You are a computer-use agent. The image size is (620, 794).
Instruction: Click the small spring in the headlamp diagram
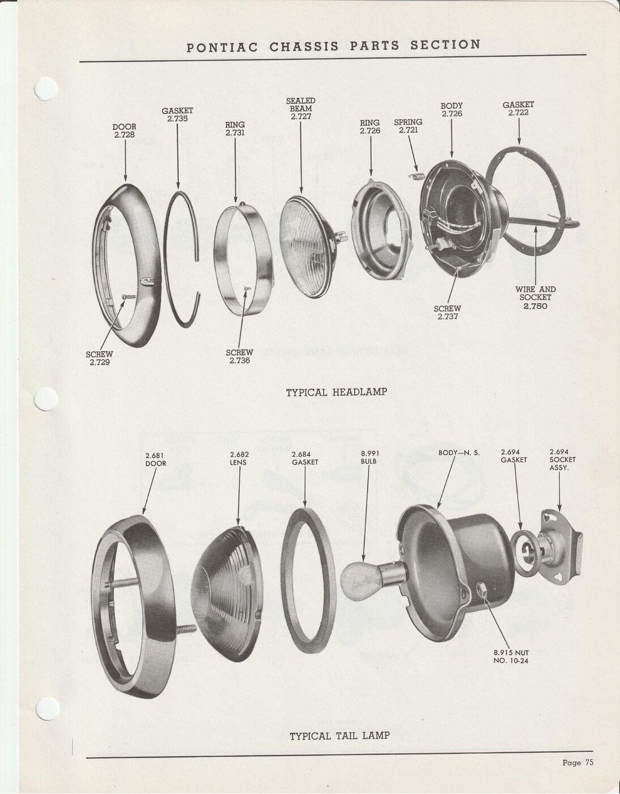(x=417, y=176)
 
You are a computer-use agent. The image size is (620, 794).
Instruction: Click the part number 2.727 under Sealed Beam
(x=300, y=117)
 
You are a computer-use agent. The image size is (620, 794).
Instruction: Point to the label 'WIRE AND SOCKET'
(x=536, y=293)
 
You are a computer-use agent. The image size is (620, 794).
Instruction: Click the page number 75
(x=589, y=763)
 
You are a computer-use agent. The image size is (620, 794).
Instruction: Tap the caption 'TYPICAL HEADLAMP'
(x=336, y=392)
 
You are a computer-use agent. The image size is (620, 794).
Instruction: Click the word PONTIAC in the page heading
(x=222, y=48)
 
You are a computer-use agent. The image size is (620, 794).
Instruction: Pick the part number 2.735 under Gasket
(x=177, y=119)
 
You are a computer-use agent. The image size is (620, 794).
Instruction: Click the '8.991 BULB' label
(x=370, y=458)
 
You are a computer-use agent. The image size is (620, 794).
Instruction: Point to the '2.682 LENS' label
(x=239, y=459)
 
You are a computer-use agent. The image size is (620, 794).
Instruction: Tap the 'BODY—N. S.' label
(x=459, y=453)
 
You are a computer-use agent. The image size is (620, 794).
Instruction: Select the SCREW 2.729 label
(x=99, y=358)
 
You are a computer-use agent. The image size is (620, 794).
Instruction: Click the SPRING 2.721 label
(x=408, y=126)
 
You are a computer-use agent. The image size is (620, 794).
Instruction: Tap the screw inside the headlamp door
(x=129, y=297)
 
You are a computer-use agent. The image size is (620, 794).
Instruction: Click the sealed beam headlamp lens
(x=307, y=247)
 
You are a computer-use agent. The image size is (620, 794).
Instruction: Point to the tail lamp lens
(x=226, y=594)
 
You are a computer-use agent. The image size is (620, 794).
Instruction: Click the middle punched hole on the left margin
(x=46, y=400)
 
